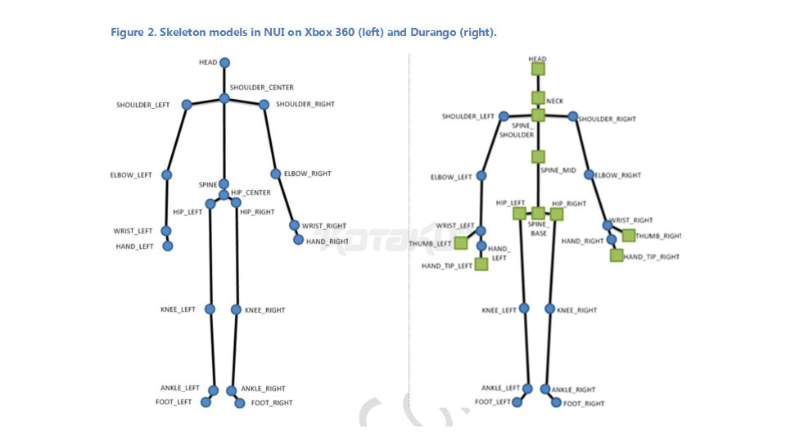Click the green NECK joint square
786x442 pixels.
click(x=537, y=97)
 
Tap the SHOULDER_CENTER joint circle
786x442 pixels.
click(x=224, y=99)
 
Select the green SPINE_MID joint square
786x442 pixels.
click(x=537, y=156)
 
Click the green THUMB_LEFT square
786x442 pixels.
click(x=461, y=243)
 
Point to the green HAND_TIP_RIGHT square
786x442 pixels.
click(x=616, y=255)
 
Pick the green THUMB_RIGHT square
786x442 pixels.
click(x=629, y=236)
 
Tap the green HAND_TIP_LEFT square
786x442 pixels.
click(x=481, y=264)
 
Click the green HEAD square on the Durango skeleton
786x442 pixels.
click(x=537, y=70)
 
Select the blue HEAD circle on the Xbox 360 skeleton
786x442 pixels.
click(x=224, y=62)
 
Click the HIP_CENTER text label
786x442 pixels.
click(x=251, y=193)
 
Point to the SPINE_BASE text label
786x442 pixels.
click(x=537, y=228)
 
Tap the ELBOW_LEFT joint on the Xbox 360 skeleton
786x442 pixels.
click(x=167, y=174)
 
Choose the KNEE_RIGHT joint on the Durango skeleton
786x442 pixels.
click(x=550, y=309)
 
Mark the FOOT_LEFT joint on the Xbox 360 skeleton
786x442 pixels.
click(x=206, y=403)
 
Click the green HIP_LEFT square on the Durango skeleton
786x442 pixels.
click(x=518, y=214)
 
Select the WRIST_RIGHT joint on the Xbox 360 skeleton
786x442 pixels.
click(x=294, y=225)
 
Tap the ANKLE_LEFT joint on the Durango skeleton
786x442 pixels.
click(x=526, y=388)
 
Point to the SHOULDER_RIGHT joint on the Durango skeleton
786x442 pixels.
click(x=573, y=117)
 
